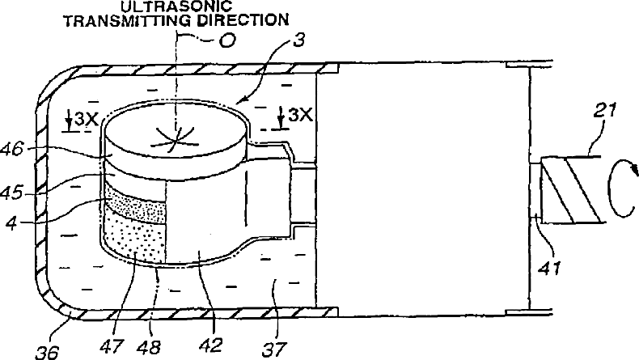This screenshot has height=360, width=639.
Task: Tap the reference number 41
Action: click(550, 265)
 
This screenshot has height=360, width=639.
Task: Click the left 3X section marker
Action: click(83, 120)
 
